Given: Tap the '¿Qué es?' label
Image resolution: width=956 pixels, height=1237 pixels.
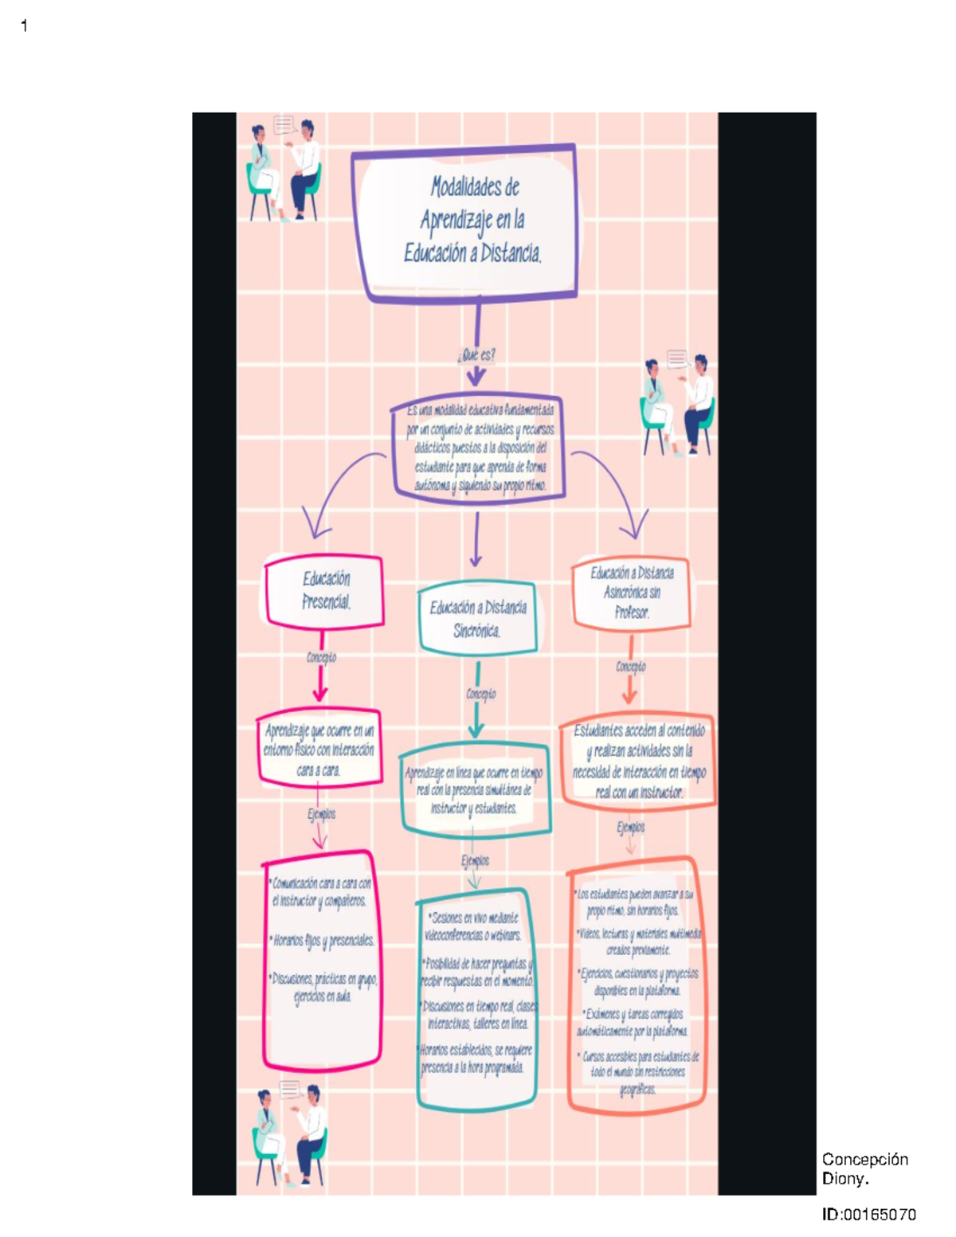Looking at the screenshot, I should (x=476, y=354).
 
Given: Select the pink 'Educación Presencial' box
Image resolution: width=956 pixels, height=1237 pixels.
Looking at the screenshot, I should (x=325, y=590).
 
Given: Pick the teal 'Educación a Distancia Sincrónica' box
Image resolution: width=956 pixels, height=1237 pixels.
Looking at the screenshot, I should (x=478, y=618).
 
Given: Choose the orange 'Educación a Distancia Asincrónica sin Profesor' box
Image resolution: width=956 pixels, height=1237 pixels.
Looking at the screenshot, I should (x=632, y=593).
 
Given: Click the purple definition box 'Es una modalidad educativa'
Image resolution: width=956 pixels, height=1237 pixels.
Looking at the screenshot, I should (x=478, y=448).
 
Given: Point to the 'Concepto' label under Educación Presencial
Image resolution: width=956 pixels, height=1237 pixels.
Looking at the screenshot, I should (x=321, y=657).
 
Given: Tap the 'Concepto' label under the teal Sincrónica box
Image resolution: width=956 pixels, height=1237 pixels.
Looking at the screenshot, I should (x=481, y=694).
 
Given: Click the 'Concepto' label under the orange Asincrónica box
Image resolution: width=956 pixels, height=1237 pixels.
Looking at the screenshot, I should (x=630, y=666).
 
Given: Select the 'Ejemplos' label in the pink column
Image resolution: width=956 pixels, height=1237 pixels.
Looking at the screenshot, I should (x=321, y=814).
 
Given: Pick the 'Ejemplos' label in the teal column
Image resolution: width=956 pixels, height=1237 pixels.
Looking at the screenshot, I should (x=475, y=860).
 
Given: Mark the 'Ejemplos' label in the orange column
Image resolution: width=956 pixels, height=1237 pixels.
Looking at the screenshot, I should (x=630, y=828).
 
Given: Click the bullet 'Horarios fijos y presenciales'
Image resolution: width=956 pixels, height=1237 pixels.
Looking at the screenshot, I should (x=323, y=941).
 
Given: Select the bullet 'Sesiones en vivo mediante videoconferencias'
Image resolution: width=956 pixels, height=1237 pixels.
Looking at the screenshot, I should (x=474, y=926).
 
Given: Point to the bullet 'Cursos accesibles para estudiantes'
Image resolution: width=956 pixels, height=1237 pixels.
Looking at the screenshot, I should (x=638, y=1072).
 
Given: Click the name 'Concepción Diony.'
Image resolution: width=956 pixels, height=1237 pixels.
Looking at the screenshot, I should (x=864, y=1168).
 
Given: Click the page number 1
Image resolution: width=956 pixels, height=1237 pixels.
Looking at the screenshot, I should (x=24, y=26).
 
